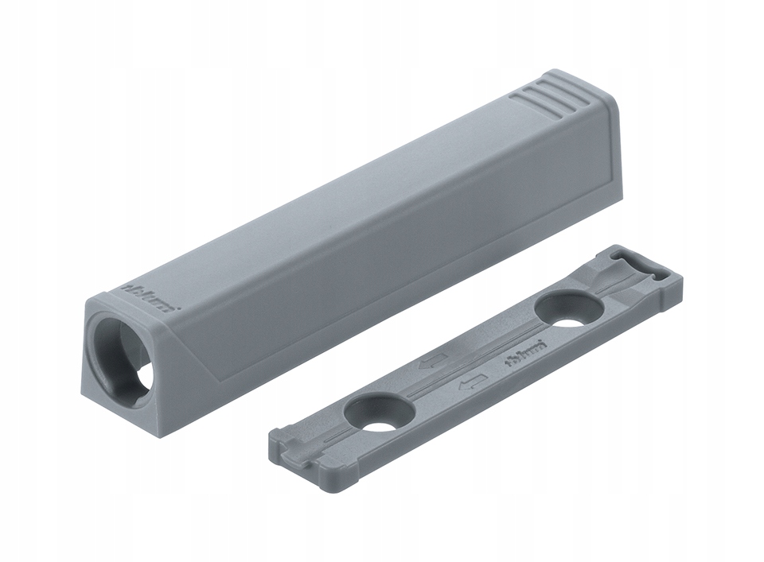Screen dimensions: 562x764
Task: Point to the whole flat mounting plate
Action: pyautogui.click(x=477, y=358)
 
